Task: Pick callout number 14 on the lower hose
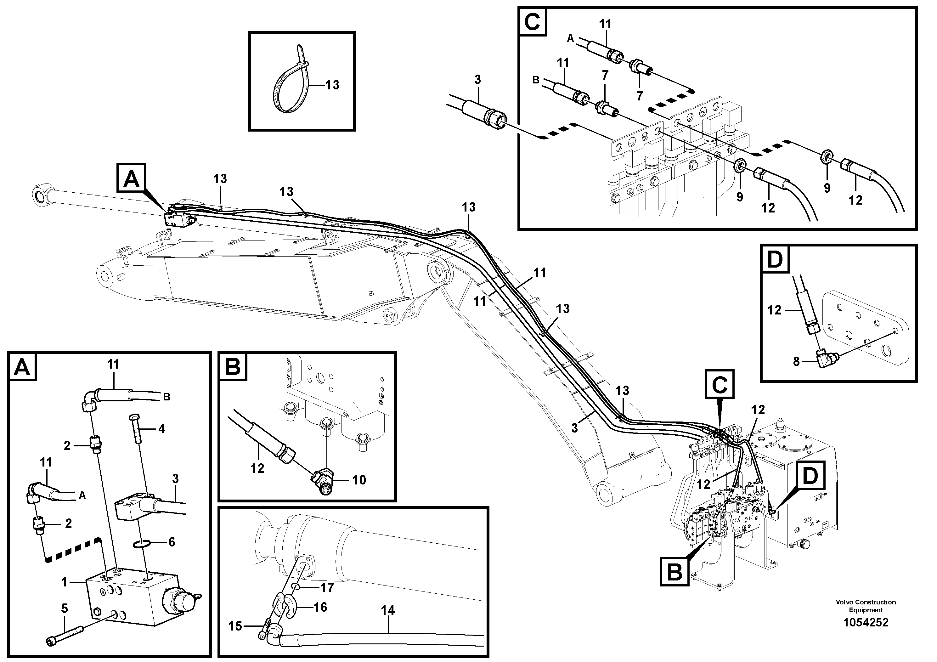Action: [388, 611]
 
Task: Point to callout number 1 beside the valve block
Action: [64, 582]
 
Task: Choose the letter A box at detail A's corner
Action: [22, 367]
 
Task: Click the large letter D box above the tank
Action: [810, 476]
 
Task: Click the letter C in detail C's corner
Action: [533, 22]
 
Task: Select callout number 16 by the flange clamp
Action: [320, 607]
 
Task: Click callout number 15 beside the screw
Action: [235, 626]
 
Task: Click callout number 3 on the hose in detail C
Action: [477, 80]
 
